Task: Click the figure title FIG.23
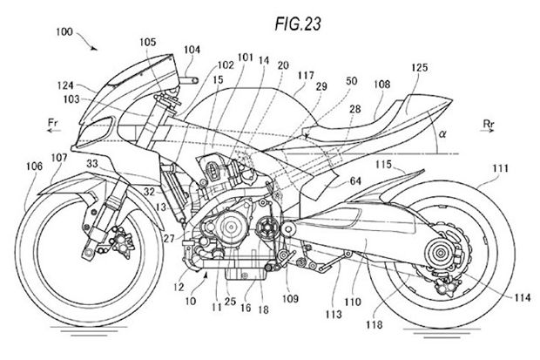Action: click(x=298, y=24)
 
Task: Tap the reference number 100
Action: click(x=64, y=31)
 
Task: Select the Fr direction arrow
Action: click(x=54, y=131)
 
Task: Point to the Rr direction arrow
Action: click(x=487, y=131)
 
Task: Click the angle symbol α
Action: click(x=442, y=133)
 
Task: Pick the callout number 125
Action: click(x=419, y=67)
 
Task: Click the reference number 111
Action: click(x=500, y=168)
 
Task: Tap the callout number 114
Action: click(x=523, y=297)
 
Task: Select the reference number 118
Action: click(x=375, y=324)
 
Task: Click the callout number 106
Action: click(x=35, y=166)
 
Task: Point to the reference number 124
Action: click(x=65, y=85)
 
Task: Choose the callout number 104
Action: click(x=192, y=50)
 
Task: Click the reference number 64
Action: click(x=355, y=180)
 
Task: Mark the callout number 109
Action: click(x=290, y=298)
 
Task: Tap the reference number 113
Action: click(x=334, y=314)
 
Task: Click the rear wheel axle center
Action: click(x=440, y=254)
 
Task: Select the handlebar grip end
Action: click(x=195, y=81)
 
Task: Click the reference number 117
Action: click(x=306, y=75)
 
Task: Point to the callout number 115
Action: click(x=383, y=164)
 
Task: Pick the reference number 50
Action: click(x=351, y=81)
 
